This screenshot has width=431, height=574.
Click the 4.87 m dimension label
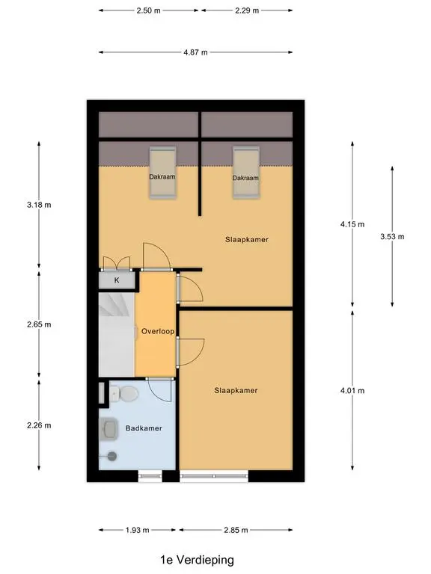[x=196, y=52]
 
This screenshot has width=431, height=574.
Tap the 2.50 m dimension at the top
[x=148, y=10]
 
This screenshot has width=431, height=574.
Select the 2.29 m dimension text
[x=247, y=10]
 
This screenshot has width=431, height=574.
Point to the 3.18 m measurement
[x=39, y=205]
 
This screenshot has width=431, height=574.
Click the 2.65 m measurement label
[x=39, y=324]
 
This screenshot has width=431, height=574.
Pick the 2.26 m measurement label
[x=39, y=425]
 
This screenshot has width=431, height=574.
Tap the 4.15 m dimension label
[x=352, y=224]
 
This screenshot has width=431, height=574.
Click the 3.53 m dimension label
[x=392, y=236]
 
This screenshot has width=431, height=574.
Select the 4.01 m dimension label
[x=352, y=391]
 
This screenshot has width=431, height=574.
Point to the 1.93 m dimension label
[x=137, y=530]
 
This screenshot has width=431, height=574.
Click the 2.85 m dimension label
[x=236, y=530]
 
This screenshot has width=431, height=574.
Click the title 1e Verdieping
[x=198, y=560]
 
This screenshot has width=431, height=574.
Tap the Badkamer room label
[x=144, y=428]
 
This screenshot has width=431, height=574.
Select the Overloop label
[x=158, y=331]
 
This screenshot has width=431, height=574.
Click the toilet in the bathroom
[x=124, y=394]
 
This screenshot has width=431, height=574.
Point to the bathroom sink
[x=108, y=429]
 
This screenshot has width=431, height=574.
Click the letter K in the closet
[x=117, y=280]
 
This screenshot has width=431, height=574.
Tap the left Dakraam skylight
[x=162, y=173]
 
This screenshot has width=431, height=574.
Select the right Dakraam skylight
[x=246, y=173]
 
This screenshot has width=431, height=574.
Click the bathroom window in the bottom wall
[x=150, y=476]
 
